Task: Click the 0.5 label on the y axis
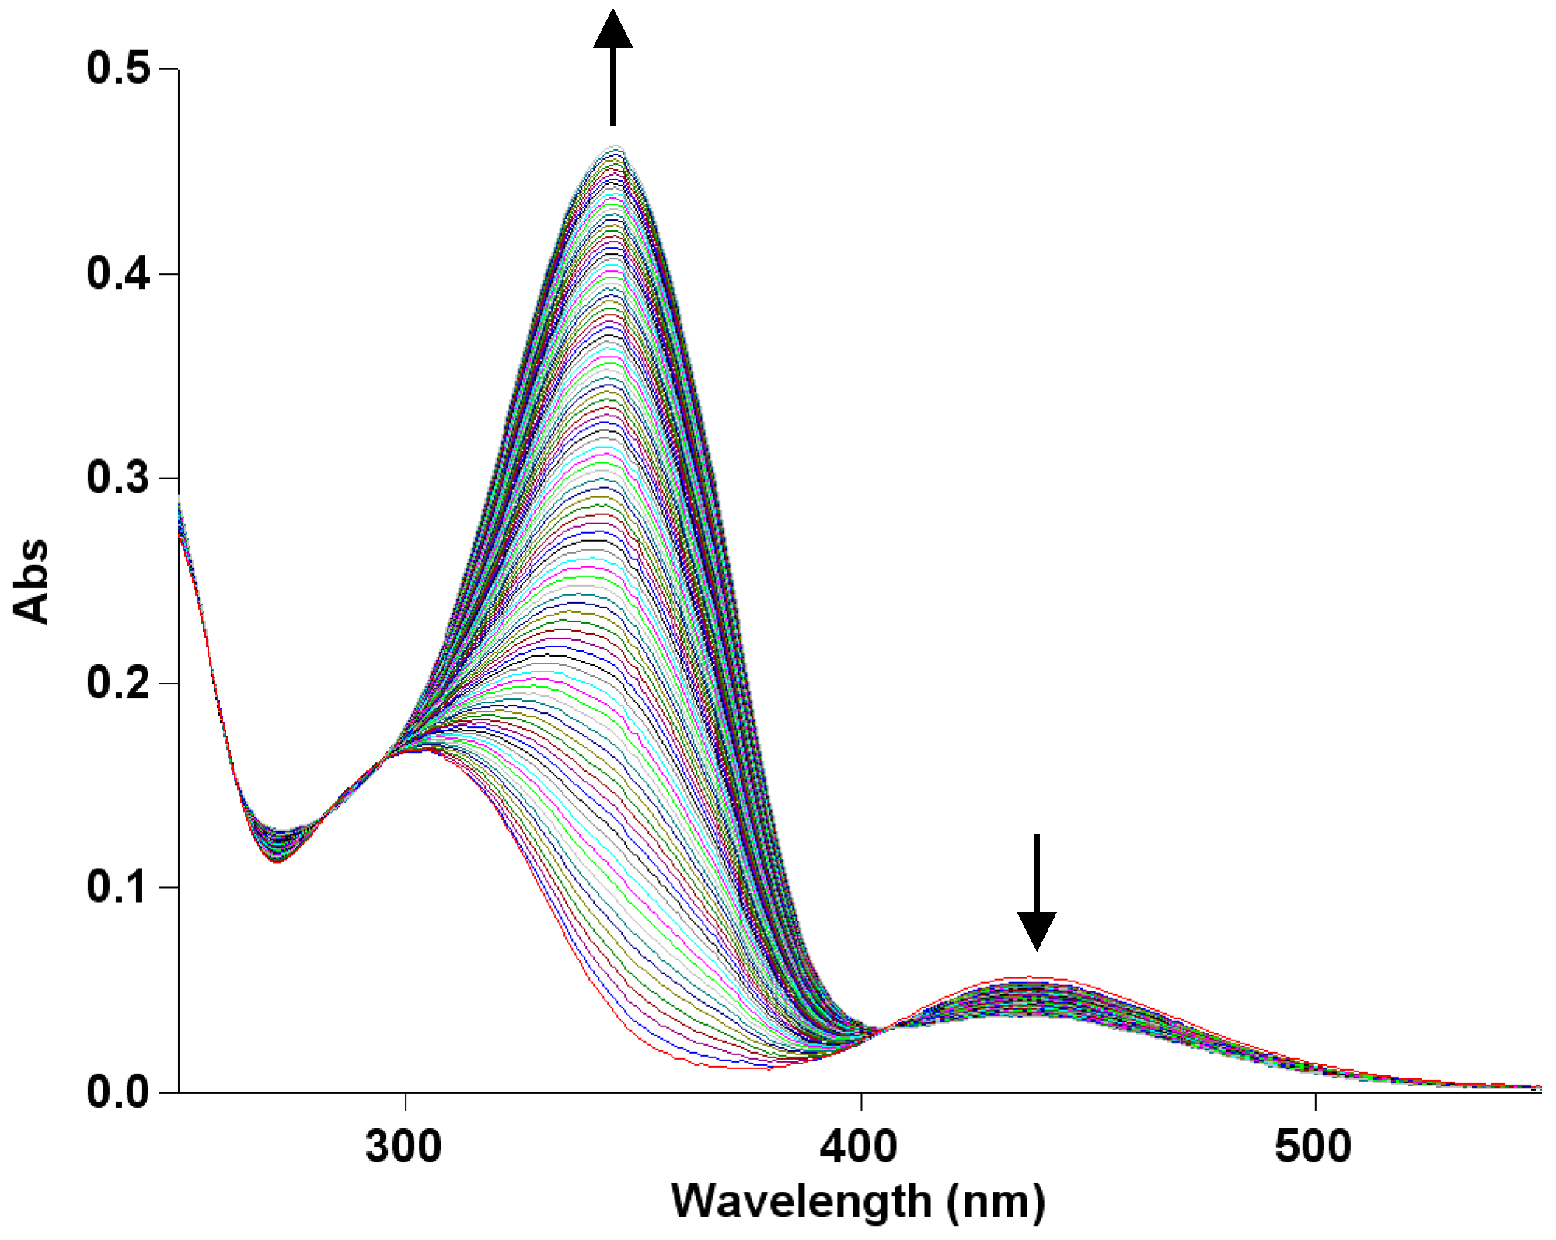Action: pos(117,68)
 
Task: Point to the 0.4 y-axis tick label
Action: pos(117,273)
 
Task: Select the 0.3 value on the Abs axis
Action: pos(117,477)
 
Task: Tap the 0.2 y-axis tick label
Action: pos(117,683)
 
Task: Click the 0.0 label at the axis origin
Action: pos(117,1092)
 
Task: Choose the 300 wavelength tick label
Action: pos(403,1147)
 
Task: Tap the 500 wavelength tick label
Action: pos(1313,1147)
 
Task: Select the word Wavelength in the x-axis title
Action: pos(801,1201)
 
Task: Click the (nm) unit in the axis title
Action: pos(996,1201)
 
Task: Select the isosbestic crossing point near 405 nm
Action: pos(883,1030)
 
